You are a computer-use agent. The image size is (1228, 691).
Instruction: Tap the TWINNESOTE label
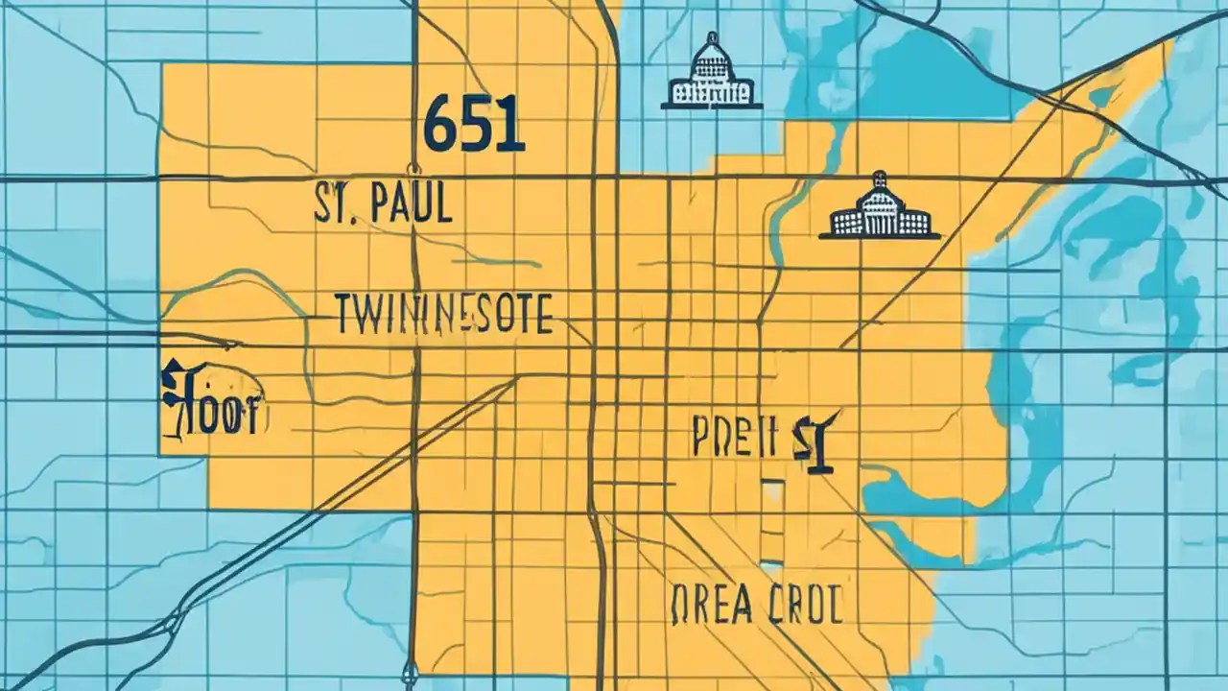pos(443,315)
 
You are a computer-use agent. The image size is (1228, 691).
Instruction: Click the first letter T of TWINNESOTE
pos(344,315)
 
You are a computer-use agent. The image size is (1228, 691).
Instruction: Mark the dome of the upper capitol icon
pos(711,53)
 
